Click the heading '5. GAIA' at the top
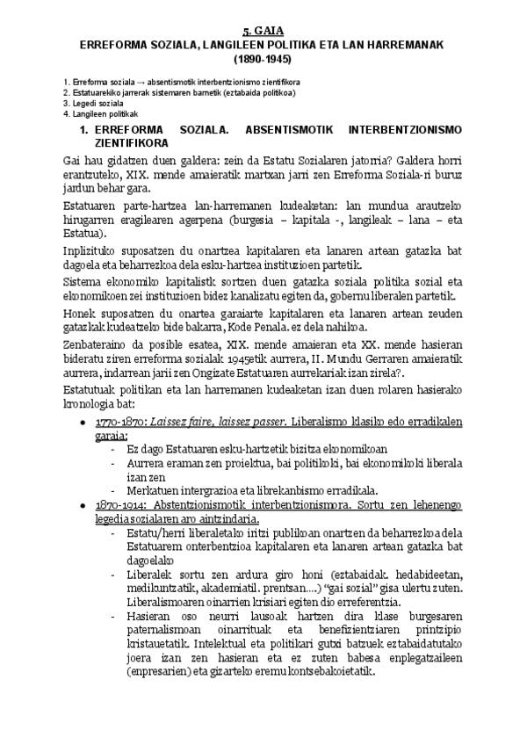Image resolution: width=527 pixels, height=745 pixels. click(263, 30)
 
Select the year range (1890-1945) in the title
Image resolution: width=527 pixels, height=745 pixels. click(263, 61)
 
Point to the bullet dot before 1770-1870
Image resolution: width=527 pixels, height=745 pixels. click(83, 423)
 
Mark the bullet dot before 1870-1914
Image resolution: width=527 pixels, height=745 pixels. click(83, 507)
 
